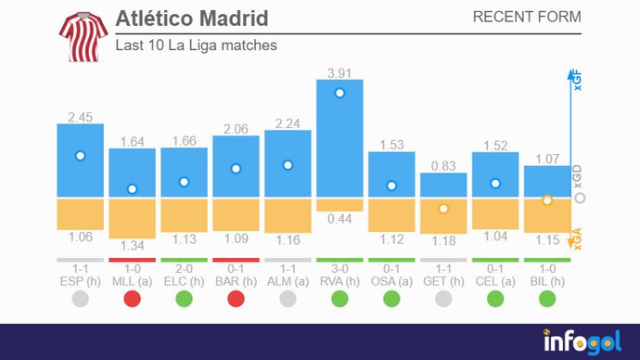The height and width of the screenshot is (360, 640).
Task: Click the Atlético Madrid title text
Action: (192, 19)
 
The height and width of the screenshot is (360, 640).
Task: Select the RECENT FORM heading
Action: (527, 18)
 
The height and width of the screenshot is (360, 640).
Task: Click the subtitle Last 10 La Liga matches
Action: (196, 45)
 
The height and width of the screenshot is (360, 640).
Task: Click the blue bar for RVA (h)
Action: (339, 139)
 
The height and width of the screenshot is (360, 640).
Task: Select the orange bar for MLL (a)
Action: (132, 218)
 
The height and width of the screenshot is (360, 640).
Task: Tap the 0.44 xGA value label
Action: (339, 219)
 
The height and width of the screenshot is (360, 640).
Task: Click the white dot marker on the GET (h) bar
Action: (443, 209)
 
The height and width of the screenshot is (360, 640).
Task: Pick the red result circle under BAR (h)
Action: (236, 299)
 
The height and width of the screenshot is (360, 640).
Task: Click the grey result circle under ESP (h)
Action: (80, 299)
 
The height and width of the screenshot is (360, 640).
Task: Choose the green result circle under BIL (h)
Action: (547, 299)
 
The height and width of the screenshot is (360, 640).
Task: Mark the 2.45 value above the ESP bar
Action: (80, 117)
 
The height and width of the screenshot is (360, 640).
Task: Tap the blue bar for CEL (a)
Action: (495, 174)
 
